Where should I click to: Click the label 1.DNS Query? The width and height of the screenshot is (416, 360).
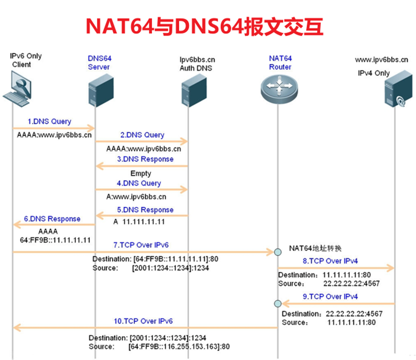coord(49,121)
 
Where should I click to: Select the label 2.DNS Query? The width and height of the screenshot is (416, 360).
coord(141,135)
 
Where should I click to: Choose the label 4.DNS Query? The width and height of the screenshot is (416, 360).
coord(139,183)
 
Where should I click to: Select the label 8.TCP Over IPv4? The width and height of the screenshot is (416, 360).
coord(330,260)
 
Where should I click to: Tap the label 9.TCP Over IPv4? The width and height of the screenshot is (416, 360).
coord(330,297)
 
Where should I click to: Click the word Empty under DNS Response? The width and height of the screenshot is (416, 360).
coord(141,174)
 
